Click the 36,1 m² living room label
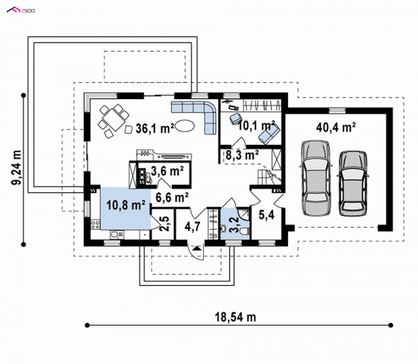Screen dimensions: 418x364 [x=155, y=128]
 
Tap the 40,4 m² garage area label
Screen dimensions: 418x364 [x=336, y=127]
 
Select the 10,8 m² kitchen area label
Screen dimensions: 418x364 [x=126, y=205]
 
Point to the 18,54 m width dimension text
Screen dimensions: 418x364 [x=236, y=317]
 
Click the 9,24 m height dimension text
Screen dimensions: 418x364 [x=16, y=167]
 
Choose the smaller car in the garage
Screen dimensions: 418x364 [x=352, y=184]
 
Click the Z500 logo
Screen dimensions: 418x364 [x=21, y=10]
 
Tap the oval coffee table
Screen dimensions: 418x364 [x=185, y=126]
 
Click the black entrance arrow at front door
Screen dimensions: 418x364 [x=197, y=249]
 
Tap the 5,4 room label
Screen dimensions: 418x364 [x=266, y=215]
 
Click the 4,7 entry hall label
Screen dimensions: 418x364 [x=192, y=226]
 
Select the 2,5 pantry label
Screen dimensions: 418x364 [x=164, y=224]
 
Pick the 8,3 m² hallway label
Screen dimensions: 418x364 [x=242, y=155]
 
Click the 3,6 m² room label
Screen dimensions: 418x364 [x=167, y=171]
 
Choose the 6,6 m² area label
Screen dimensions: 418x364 [x=172, y=198]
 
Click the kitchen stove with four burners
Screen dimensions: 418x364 [x=96, y=224]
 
